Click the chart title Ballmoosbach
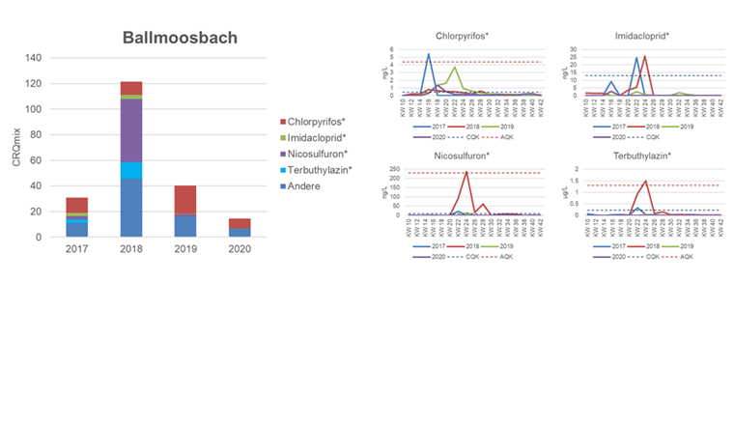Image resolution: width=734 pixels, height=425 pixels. click(180, 39)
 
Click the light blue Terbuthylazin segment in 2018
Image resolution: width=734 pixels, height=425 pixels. click(130, 170)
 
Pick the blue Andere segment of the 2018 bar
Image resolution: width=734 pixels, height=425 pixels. click(130, 208)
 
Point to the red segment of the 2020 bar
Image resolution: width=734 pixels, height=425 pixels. click(239, 223)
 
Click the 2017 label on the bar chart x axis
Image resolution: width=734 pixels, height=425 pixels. click(76, 249)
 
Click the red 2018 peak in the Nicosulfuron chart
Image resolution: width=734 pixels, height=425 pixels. click(467, 172)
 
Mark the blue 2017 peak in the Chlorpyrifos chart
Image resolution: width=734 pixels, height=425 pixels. click(429, 54)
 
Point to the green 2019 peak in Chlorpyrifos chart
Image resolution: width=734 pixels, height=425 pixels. click(455, 67)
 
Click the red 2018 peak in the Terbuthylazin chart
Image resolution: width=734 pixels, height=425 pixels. click(645, 181)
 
